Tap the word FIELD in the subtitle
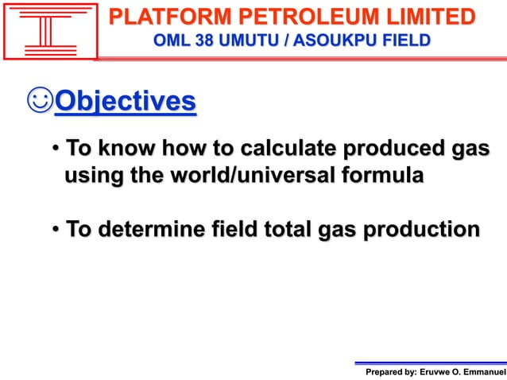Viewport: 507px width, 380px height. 403,39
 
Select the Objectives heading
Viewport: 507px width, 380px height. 125,103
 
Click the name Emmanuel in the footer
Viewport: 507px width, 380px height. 485,371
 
